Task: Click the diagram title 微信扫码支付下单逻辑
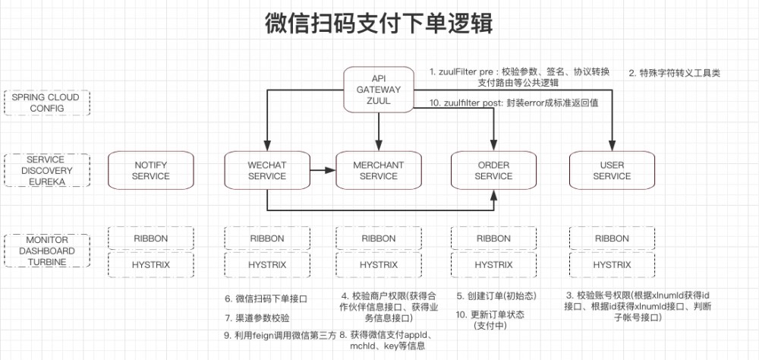tap(379, 24)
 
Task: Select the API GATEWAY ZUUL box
tap(378, 90)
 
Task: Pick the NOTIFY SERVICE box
tap(150, 171)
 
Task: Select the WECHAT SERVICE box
tap(267, 171)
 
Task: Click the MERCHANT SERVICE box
tap(378, 171)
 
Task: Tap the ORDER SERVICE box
tap(493, 171)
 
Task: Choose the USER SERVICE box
tap(612, 171)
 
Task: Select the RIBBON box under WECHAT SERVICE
tap(267, 238)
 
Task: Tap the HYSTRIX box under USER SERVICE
tap(612, 265)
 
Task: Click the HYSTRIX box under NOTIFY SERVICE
tap(150, 265)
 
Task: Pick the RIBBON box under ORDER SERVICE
tap(493, 238)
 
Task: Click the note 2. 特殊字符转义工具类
tap(674, 74)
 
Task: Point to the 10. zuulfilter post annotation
tap(515, 103)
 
